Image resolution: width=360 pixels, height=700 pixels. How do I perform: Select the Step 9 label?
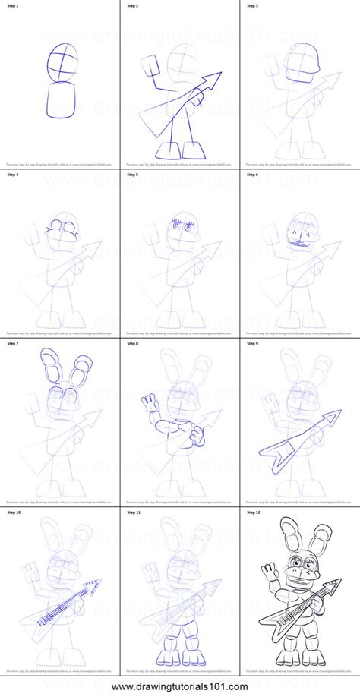point(254,342)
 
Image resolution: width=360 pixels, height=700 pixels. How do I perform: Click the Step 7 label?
point(13,342)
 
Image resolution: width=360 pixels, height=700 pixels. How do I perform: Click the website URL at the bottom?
point(180,688)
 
